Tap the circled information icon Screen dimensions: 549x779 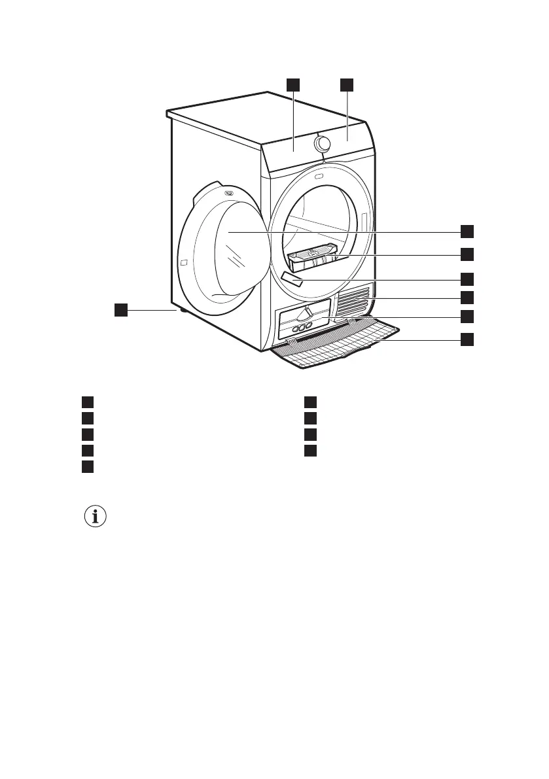point(96,517)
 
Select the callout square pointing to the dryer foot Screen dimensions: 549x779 point(120,310)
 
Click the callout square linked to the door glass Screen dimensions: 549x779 point(467,231)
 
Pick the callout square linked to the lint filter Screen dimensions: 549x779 point(467,254)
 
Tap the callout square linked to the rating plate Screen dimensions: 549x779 point(467,278)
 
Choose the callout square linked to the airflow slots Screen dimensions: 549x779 point(467,298)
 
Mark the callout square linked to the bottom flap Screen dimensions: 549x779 point(467,339)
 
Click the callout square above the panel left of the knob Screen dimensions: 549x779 point(292,84)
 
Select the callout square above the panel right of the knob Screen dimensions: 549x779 point(347,84)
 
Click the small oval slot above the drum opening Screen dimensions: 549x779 point(319,176)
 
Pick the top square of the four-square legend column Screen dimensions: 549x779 point(311,402)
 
